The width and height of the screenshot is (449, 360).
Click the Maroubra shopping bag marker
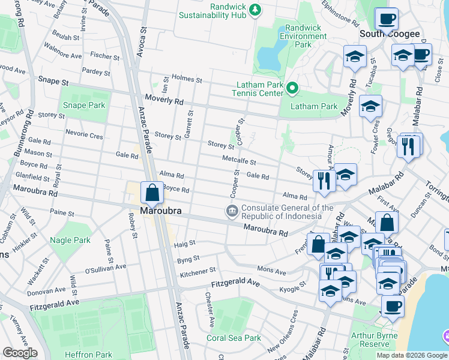coord(152,193)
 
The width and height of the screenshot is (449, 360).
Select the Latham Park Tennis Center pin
coord(292,89)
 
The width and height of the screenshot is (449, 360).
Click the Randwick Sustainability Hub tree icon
coord(256,10)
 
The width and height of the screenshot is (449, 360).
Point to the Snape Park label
coord(84,106)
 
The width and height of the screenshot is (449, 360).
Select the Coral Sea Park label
coord(234,338)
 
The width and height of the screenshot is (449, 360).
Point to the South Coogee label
coord(390,34)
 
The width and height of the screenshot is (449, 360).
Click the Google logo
coord(20,353)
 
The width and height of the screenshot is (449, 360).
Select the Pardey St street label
coord(93,70)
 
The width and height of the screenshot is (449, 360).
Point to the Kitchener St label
coord(197,273)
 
